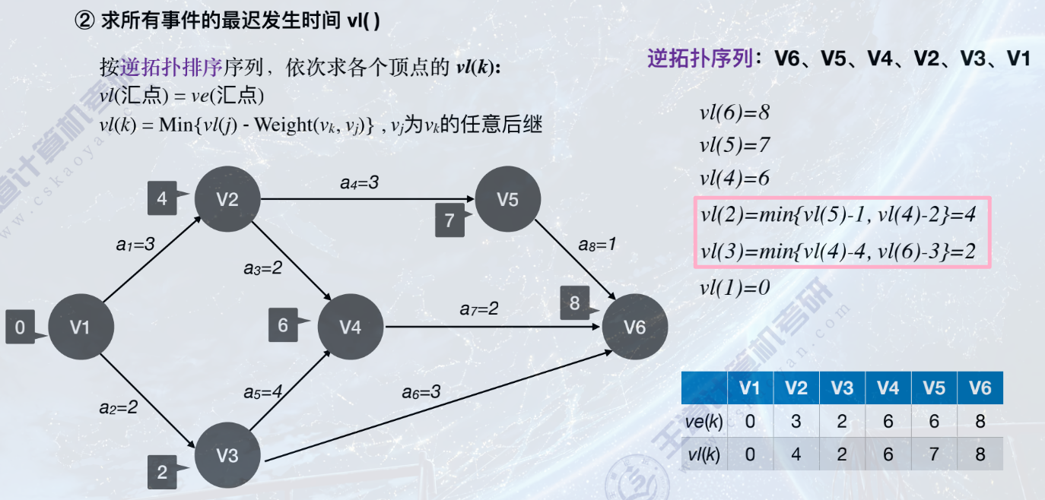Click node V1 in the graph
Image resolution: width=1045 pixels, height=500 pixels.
click(80, 328)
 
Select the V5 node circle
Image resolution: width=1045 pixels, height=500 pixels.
click(507, 199)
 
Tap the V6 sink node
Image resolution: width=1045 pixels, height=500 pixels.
click(635, 328)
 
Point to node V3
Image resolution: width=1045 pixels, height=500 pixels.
click(227, 456)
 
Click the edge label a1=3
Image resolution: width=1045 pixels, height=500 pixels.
click(135, 244)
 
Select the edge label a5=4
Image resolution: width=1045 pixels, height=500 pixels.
click(263, 392)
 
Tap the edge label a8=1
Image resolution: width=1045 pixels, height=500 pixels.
click(596, 245)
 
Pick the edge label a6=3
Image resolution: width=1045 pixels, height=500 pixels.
click(421, 392)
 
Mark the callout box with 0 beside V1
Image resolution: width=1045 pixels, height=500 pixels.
click(21, 328)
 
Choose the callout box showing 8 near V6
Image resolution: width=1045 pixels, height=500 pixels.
click(576, 304)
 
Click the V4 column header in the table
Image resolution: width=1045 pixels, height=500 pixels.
click(888, 388)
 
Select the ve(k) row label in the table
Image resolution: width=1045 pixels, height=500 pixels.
click(704, 421)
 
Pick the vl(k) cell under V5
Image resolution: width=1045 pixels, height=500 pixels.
click(934, 454)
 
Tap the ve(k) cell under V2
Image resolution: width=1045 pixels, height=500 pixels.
click(796, 421)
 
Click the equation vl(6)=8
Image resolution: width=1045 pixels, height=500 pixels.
click(735, 113)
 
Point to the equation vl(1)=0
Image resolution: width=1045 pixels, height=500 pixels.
click(735, 288)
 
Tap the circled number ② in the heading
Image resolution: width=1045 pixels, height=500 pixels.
click(83, 21)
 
